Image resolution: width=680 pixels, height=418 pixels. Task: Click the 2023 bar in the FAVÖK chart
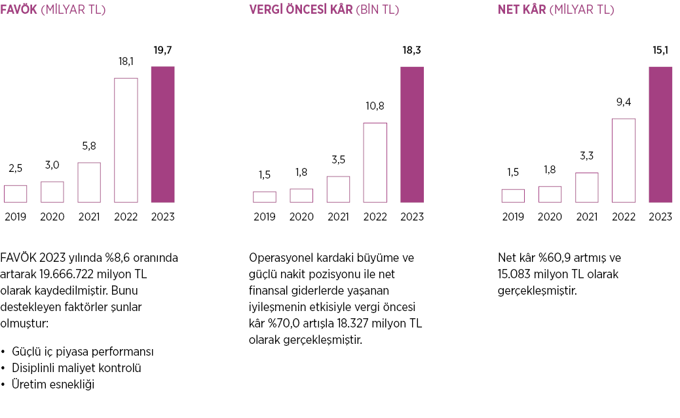pos(162,135)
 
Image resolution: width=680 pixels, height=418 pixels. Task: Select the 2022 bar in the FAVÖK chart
pos(126,140)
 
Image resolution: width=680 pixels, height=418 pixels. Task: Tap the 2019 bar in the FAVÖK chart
pos(15,194)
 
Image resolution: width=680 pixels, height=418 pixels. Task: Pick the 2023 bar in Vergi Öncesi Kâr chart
pos(412,135)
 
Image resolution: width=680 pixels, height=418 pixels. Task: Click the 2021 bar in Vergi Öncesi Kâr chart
pos(338,189)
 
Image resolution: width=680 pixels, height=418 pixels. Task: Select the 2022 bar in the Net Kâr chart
pos(624,160)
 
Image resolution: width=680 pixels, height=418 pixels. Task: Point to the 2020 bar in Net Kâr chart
pos(550,194)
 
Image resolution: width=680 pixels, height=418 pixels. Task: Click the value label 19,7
pos(162,50)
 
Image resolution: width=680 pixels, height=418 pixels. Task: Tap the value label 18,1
pos(126,62)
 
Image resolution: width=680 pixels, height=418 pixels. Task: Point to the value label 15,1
pos(660,50)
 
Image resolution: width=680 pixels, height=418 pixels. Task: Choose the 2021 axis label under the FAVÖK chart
pos(89,217)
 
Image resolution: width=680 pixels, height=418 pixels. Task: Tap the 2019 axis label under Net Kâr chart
pos(514,217)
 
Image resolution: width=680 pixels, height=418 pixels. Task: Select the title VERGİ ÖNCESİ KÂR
pos(301,10)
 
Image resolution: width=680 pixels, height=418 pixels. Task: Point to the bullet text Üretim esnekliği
pos(53,385)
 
